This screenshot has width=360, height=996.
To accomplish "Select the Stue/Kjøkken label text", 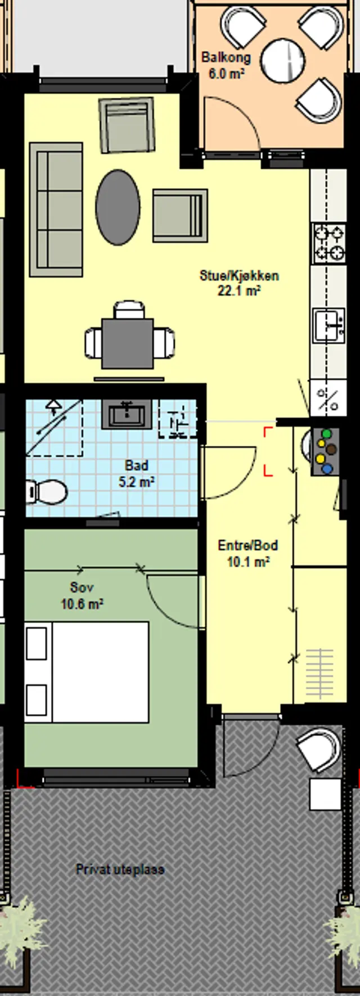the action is [239, 276].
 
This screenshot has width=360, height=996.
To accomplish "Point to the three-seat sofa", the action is [56, 209].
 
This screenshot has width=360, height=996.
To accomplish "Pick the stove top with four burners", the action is [329, 244].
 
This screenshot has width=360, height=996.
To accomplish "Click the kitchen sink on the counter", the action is [330, 325].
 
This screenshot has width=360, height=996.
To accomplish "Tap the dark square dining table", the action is [128, 343].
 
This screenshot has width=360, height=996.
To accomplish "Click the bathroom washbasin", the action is [127, 415].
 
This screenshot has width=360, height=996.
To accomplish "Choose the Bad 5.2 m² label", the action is [137, 474].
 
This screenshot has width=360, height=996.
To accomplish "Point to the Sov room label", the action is [82, 587].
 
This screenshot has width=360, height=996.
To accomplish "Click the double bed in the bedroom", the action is [87, 672].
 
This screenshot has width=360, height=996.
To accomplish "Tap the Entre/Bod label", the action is [247, 545].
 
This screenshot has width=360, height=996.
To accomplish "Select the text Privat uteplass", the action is [120, 869].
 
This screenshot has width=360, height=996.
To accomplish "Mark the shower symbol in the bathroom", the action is [54, 428].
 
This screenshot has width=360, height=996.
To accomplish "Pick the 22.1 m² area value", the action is [239, 291].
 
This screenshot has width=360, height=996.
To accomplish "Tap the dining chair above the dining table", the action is [129, 310].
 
